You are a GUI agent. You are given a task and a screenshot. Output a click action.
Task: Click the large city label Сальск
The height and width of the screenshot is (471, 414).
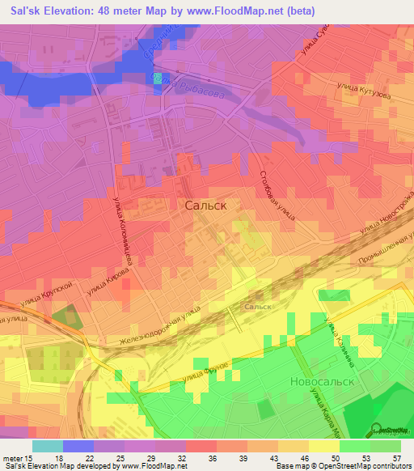click(x=205, y=206)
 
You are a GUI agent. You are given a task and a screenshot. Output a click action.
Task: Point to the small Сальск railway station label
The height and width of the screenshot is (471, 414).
click(x=258, y=308)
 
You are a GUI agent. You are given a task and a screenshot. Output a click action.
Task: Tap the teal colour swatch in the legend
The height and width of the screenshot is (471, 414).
click(x=47, y=446)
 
